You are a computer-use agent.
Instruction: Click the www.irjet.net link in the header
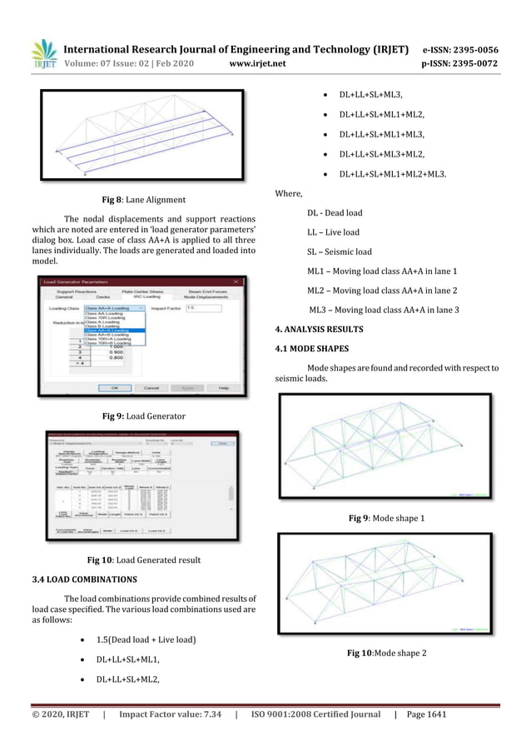[260, 61]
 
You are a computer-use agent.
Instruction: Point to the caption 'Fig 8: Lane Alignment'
[138, 200]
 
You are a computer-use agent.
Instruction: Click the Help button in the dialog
[224, 388]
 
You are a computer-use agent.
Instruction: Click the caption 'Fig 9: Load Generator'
[138, 415]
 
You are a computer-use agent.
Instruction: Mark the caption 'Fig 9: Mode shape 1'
[387, 519]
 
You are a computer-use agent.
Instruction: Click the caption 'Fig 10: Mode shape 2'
[387, 652]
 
